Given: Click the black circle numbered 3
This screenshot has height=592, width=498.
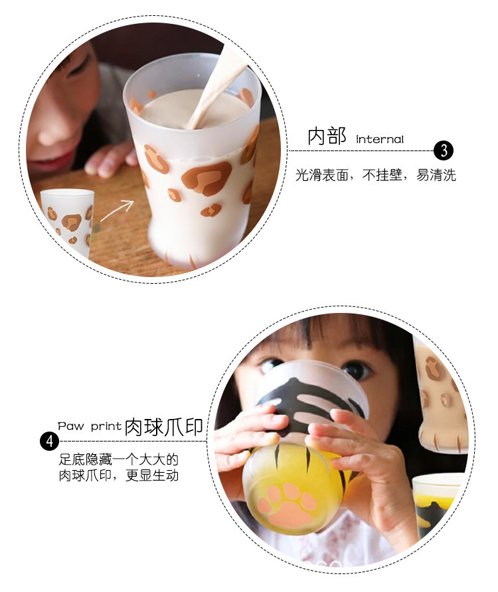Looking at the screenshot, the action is (x=444, y=150).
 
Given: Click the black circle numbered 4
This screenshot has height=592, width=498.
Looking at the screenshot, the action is (x=50, y=441).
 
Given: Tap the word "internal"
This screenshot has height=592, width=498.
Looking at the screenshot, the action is (x=380, y=139).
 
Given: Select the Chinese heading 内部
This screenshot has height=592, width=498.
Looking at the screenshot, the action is (x=327, y=136).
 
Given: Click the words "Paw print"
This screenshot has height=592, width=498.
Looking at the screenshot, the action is (x=90, y=426).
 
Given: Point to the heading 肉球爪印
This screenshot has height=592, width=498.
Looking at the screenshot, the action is (x=164, y=427).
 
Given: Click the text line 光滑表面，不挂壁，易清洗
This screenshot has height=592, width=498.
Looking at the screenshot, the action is (x=375, y=175).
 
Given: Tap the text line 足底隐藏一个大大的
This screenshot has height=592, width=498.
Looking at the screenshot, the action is (x=118, y=459).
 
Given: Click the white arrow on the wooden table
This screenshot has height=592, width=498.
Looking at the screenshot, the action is (x=118, y=210).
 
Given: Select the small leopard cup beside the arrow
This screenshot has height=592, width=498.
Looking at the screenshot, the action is (x=67, y=223).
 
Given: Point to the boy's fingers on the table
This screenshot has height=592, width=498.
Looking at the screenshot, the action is (x=110, y=160).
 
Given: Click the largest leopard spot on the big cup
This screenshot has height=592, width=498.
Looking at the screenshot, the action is (x=207, y=178).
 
